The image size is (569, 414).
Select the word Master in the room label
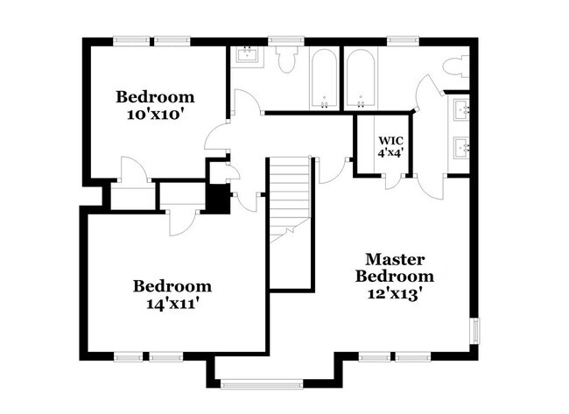[395, 260]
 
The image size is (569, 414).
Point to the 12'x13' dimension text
[396, 294]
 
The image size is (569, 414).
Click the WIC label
[390, 140]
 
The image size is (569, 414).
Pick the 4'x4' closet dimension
[390, 153]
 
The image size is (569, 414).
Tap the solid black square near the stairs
[216, 199]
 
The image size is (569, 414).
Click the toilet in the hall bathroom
[284, 62]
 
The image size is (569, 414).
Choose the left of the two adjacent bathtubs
[324, 79]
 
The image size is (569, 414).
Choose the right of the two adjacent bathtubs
[360, 79]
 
